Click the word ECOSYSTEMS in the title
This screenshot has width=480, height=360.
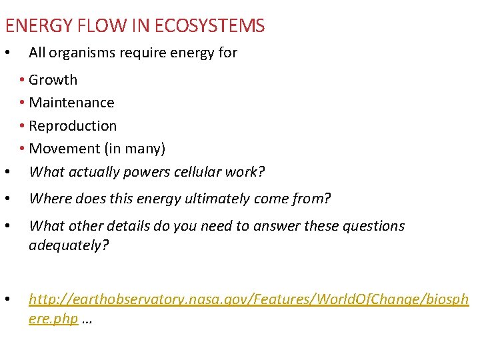click(x=209, y=26)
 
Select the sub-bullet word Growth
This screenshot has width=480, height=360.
click(x=53, y=80)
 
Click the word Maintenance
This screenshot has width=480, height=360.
click(x=72, y=103)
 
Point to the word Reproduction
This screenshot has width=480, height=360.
click(x=73, y=126)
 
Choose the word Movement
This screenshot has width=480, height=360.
click(x=61, y=149)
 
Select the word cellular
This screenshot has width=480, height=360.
click(x=198, y=172)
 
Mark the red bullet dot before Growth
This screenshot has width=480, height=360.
click(x=23, y=80)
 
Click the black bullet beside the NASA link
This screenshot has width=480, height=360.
click(x=7, y=300)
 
